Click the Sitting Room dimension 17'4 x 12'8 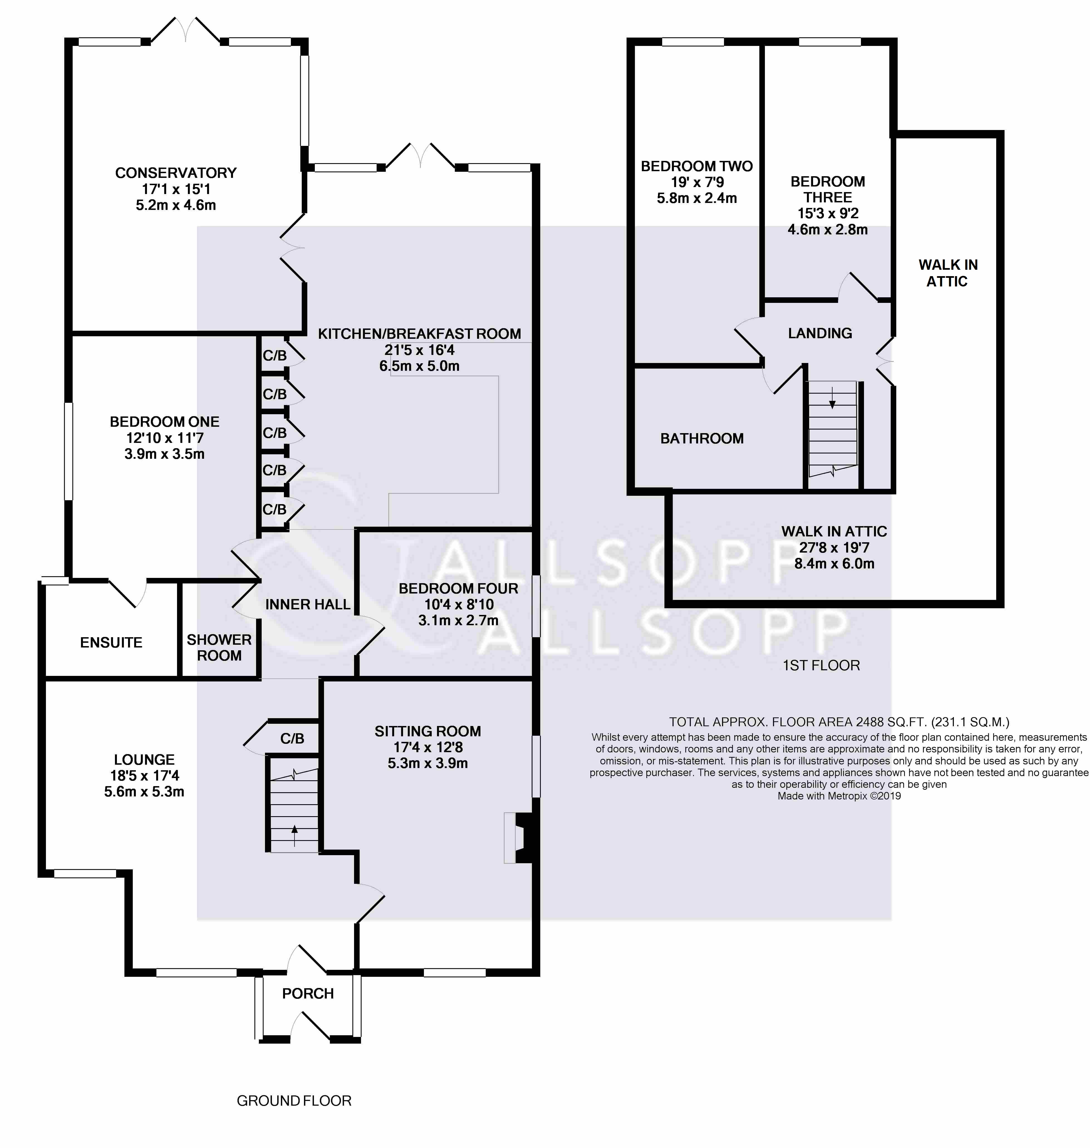pos(428,747)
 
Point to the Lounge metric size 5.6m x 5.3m pos(144,791)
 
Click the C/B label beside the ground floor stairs pos(292,739)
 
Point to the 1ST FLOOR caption pos(821,665)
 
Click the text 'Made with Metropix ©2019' pos(839,796)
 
